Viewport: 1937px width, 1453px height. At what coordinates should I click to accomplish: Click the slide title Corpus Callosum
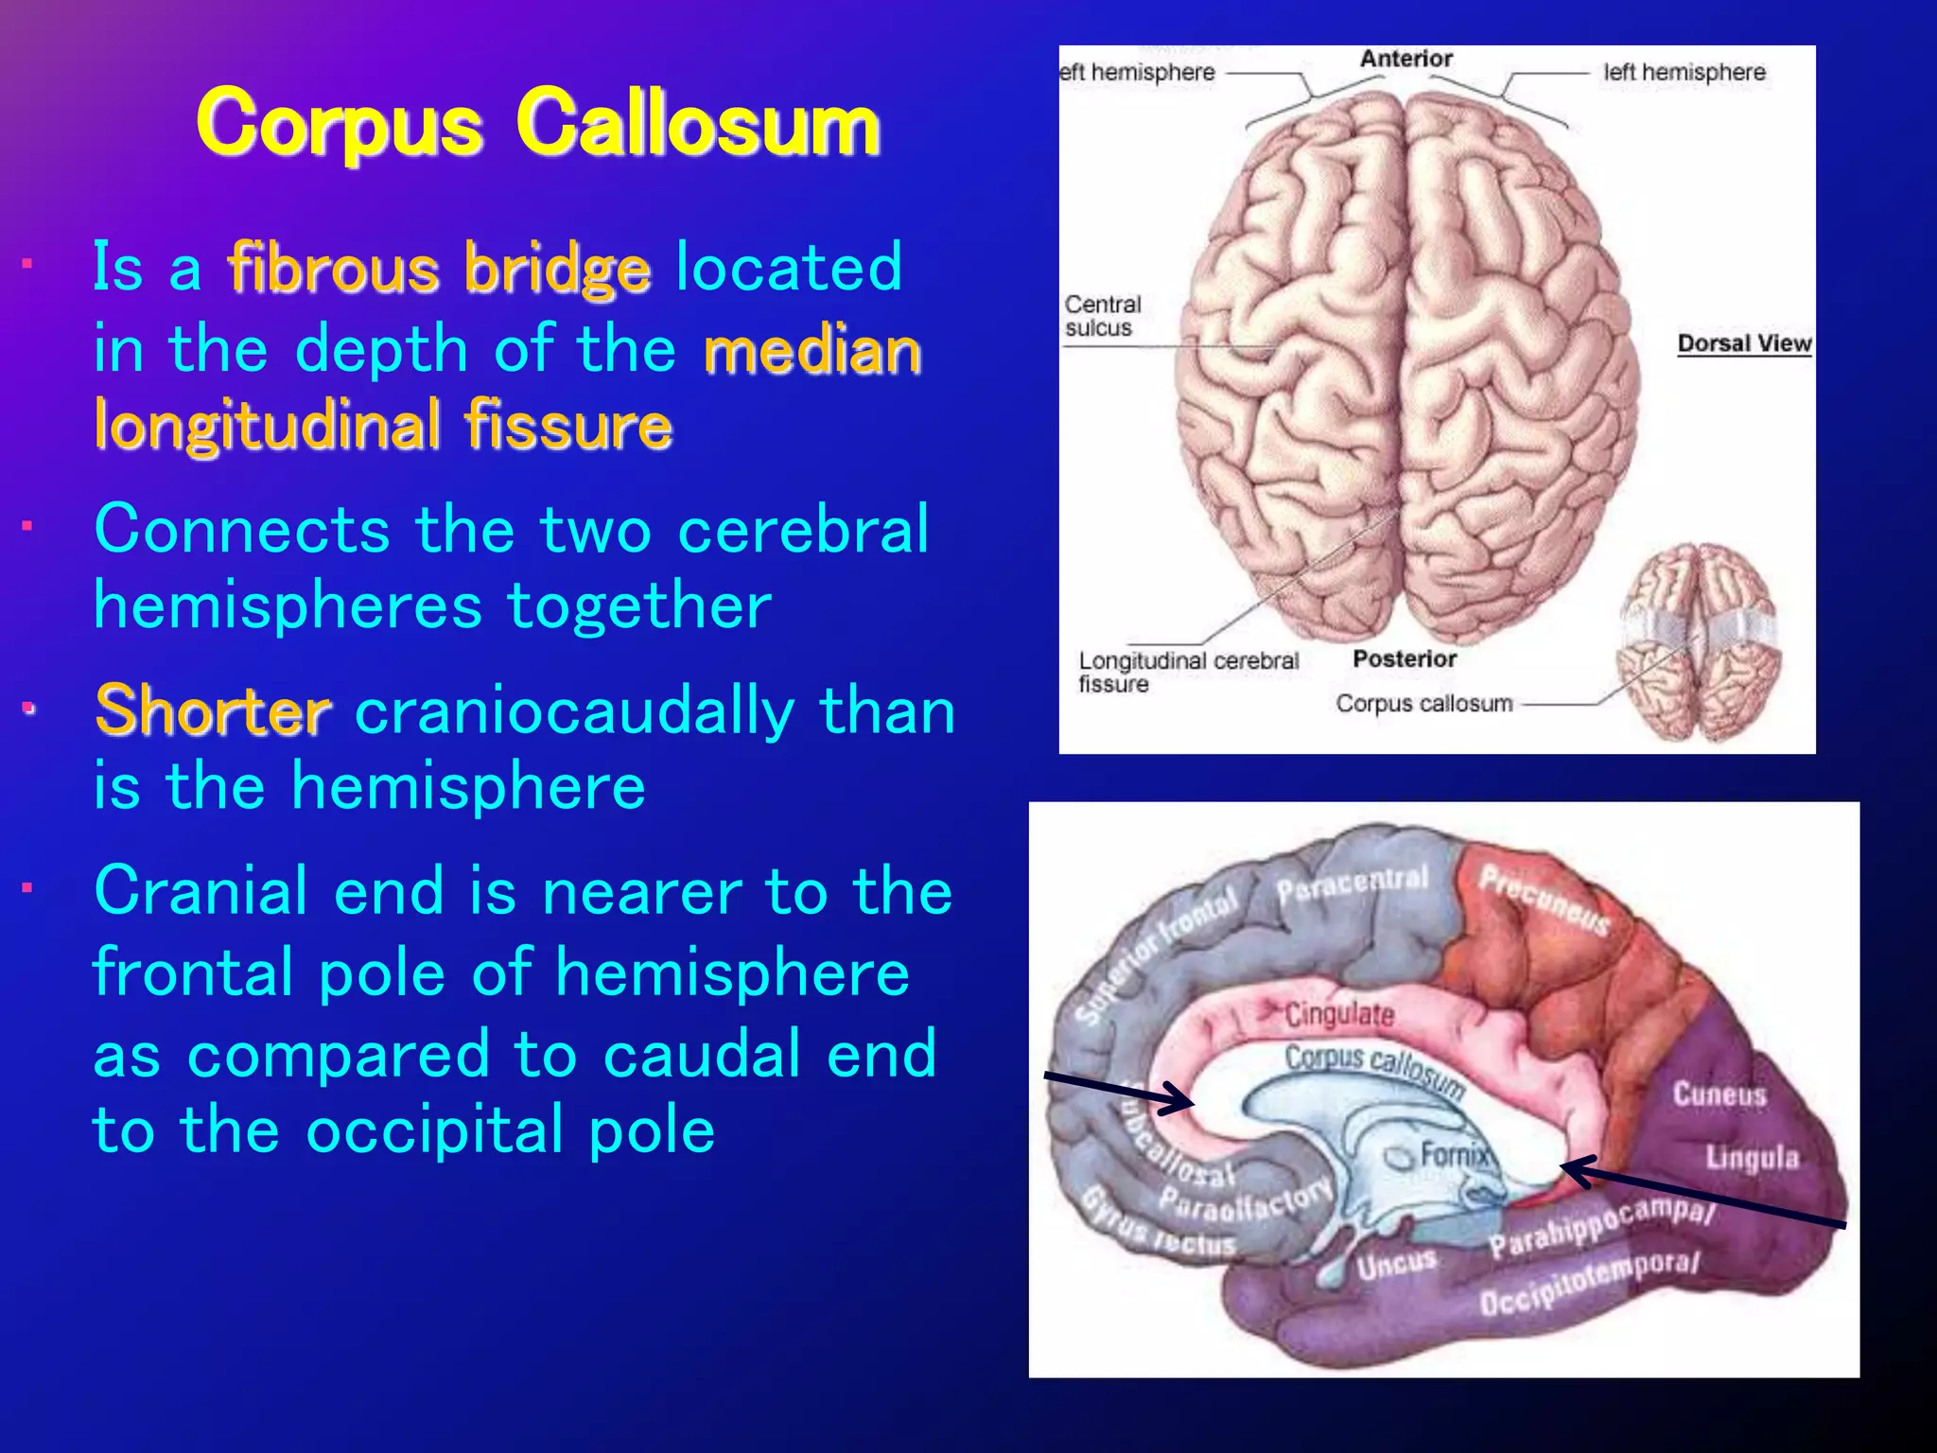point(538,124)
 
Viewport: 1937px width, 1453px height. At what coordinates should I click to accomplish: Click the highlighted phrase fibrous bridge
point(439,268)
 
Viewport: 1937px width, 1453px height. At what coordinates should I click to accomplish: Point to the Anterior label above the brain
point(1405,59)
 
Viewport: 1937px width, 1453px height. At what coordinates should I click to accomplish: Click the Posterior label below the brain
point(1404,659)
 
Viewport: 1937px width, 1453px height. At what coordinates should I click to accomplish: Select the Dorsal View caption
point(1743,343)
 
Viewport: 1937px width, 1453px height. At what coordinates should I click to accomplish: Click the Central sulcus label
point(1102,316)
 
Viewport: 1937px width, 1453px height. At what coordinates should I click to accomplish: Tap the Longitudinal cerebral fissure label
point(1187,672)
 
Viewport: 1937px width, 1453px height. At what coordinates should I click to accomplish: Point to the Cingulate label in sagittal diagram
point(1338,1015)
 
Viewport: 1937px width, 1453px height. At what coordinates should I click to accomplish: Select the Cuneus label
point(1719,1094)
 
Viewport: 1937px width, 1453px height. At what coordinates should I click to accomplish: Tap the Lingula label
point(1752,1157)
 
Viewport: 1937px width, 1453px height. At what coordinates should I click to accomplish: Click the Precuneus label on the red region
point(1544,900)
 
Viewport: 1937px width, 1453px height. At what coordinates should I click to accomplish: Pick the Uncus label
point(1396,1263)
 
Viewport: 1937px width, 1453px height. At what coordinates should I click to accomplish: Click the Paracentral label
point(1352,884)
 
